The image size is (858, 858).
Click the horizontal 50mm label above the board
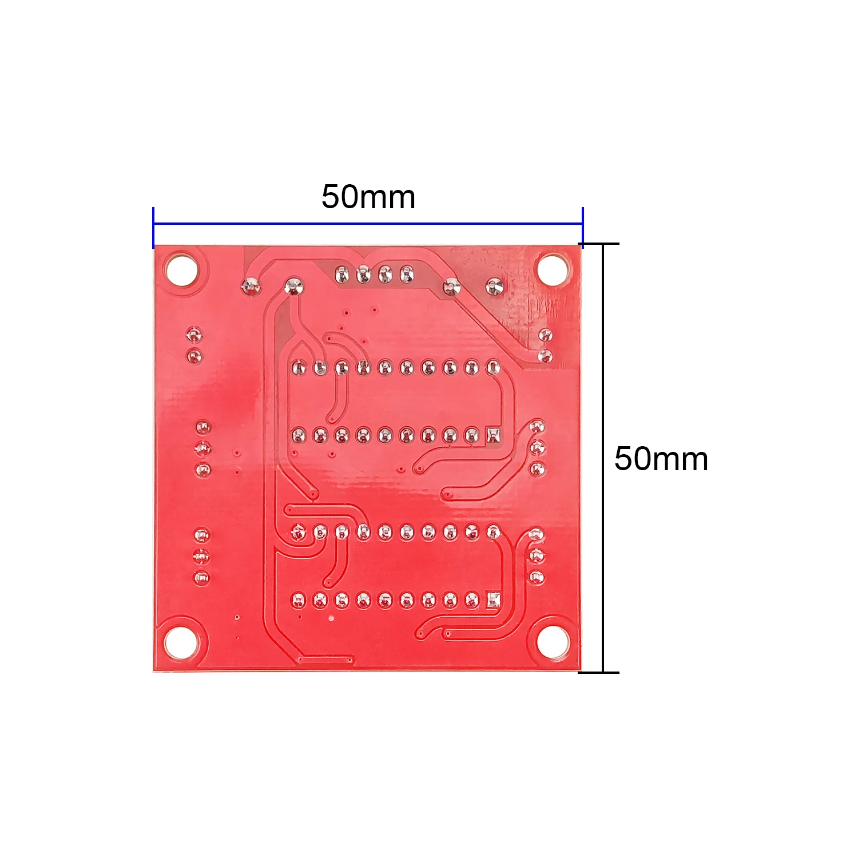point(368,197)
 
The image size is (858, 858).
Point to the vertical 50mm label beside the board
point(661,459)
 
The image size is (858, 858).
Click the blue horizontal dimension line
point(368,224)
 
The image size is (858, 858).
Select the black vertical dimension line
point(603,458)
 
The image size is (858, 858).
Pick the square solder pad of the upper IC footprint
point(493,435)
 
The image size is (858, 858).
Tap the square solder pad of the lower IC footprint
point(493,599)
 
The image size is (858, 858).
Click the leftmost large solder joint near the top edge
point(251,285)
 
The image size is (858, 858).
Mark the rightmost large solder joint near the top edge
point(494,285)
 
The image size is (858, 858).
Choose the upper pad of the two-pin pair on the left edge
point(194,335)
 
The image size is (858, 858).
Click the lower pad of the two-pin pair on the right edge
point(545,357)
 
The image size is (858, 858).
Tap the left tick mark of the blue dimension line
point(153,227)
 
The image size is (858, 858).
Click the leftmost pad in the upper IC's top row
point(299,367)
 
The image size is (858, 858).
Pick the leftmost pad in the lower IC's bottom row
point(299,600)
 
